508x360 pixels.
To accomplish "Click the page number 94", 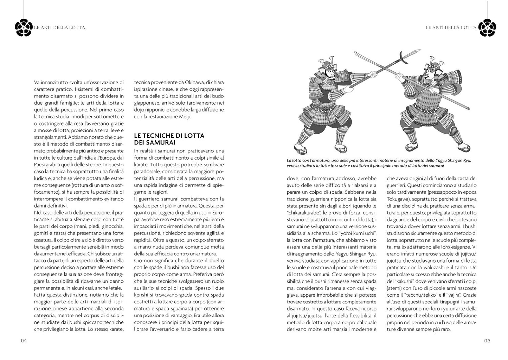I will (24, 340).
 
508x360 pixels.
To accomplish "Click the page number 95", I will (487, 340).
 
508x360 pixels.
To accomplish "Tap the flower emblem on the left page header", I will (24, 27).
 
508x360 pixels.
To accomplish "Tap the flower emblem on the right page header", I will (487, 27).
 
